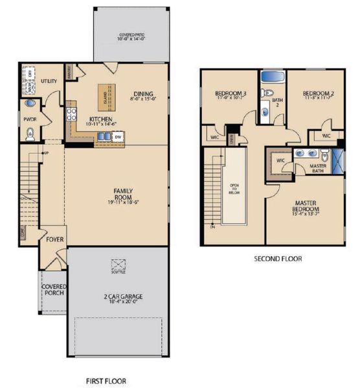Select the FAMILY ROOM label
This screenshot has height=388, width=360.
[123, 194]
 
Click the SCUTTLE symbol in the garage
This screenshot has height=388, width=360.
[118, 265]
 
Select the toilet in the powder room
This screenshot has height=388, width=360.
[29, 133]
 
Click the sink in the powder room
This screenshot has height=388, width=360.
[29, 103]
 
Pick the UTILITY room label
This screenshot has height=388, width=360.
[49, 81]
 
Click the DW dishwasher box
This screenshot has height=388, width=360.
[118, 136]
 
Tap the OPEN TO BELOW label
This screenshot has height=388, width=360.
[234, 188]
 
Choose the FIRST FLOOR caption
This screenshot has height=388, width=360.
[106, 381]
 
